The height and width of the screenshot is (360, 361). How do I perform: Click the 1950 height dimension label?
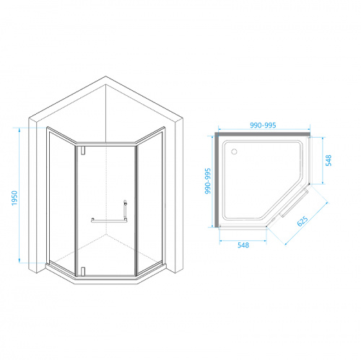(14, 198)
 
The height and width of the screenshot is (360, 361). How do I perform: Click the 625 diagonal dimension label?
(303, 221)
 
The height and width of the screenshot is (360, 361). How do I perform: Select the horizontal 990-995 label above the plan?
(263, 126)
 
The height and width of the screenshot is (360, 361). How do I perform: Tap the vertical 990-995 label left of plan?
(208, 181)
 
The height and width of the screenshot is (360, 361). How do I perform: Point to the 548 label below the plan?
(243, 245)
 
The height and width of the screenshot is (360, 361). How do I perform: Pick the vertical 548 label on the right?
(329, 160)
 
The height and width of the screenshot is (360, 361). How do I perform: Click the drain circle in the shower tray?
(234, 152)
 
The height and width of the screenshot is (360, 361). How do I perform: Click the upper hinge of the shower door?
(83, 150)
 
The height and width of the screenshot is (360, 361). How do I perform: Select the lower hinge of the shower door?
(83, 271)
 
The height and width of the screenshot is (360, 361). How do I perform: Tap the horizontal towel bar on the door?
(109, 221)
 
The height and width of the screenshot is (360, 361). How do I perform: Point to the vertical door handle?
(125, 210)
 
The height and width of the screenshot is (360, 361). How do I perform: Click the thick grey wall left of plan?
(217, 180)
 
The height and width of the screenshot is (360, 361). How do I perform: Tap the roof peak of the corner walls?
(105, 76)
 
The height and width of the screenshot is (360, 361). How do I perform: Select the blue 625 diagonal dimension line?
(306, 224)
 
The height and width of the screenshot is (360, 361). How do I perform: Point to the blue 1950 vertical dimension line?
(19, 196)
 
